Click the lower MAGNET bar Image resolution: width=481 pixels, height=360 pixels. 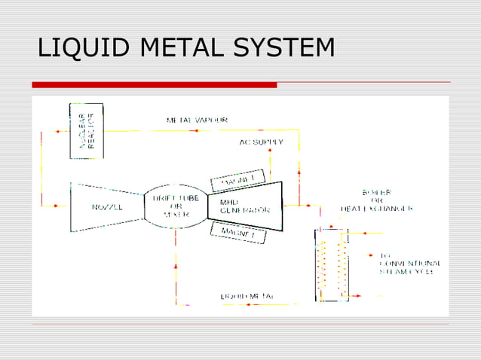[236, 233]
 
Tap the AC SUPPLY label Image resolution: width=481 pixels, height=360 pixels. [262, 142]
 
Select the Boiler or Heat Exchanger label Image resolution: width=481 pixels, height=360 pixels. [377, 200]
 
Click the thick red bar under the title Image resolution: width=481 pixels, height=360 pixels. [155, 85]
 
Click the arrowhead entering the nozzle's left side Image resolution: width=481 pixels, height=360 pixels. [58, 206]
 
